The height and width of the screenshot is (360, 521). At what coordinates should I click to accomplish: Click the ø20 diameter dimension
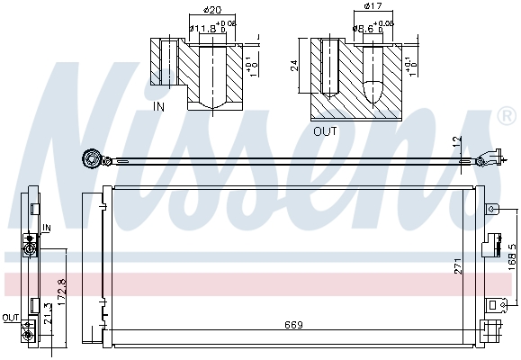coord(213,11)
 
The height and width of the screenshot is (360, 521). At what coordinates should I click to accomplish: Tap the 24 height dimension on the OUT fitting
coord(294,65)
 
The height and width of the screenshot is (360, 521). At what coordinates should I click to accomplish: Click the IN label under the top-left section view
coord(159,106)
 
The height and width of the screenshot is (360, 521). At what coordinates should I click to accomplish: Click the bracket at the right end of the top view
coord(490,158)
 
